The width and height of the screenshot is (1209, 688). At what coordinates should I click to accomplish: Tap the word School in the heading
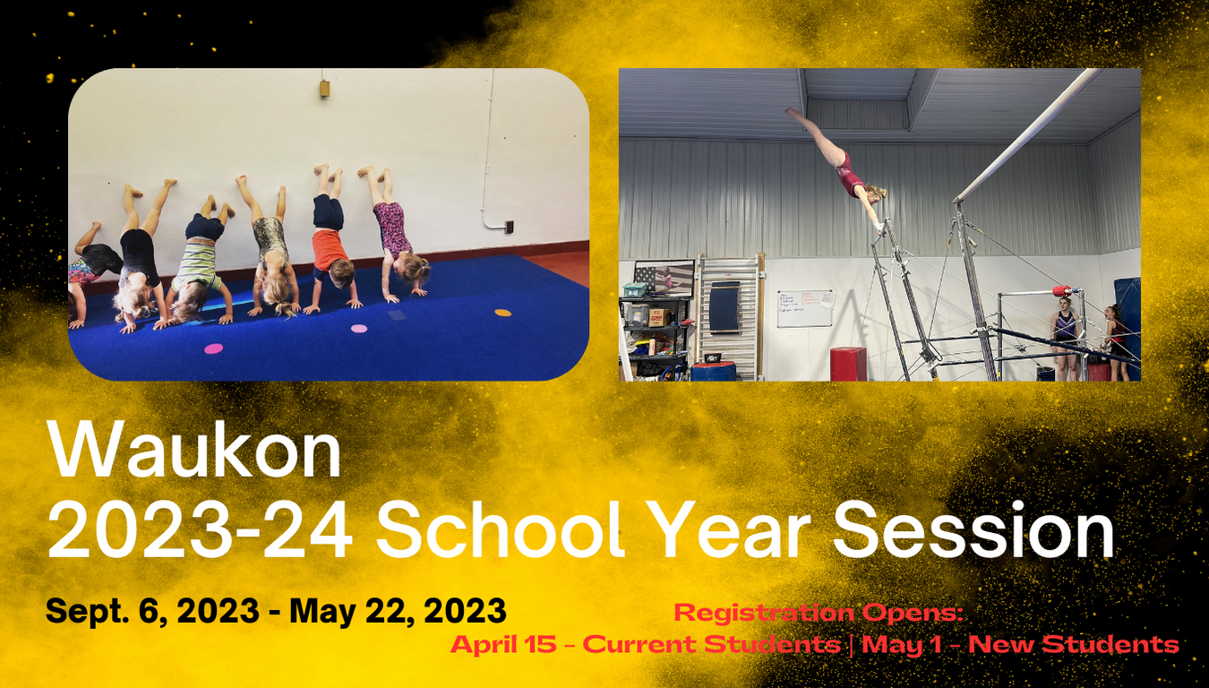coord(501,529)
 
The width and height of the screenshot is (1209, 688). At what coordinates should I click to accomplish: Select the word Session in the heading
coord(974,529)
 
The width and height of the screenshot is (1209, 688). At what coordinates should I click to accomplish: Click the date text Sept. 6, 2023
coord(153,611)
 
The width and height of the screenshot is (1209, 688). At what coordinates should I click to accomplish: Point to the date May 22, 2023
coord(399,611)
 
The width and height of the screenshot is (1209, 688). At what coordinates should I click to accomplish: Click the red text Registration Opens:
coord(819,613)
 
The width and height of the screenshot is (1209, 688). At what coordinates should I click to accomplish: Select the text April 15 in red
coord(503,644)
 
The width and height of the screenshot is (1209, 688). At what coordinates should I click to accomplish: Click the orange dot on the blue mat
coord(503,312)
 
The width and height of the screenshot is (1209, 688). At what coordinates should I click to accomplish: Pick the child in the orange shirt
coord(330,240)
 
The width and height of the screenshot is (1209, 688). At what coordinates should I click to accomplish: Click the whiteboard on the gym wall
coord(806,308)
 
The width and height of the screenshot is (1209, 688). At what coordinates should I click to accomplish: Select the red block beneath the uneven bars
coord(848,364)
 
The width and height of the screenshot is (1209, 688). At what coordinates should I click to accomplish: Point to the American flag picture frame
coord(664,278)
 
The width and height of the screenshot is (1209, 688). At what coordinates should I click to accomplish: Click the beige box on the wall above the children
coord(324,88)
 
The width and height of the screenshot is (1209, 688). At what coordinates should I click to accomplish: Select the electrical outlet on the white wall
coord(509,227)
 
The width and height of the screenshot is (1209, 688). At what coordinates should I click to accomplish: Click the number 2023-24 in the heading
coord(201,529)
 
